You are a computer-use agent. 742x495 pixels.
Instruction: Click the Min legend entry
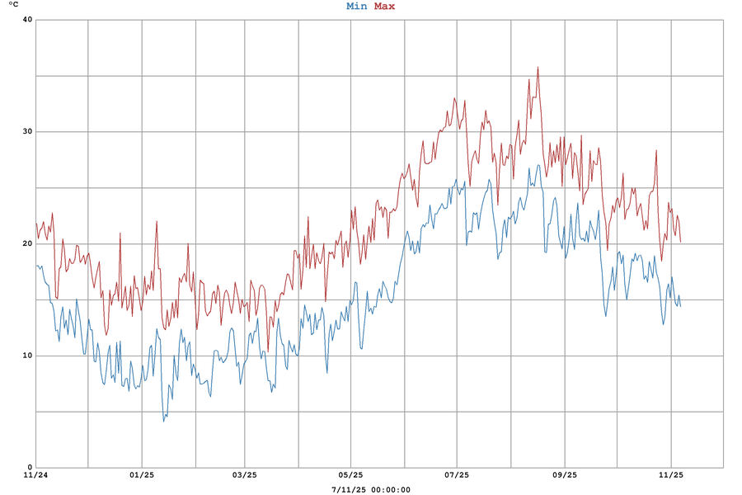click(x=356, y=7)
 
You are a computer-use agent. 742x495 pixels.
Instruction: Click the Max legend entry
click(x=384, y=7)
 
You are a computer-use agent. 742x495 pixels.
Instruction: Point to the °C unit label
click(x=12, y=6)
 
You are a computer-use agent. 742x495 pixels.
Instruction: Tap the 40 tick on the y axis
click(x=26, y=20)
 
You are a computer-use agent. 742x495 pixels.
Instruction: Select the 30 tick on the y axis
click(x=26, y=132)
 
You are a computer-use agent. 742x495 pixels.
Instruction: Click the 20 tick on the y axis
click(x=26, y=244)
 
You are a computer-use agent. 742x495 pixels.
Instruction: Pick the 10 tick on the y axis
click(x=26, y=356)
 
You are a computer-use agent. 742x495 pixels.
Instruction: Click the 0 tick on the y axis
click(x=29, y=468)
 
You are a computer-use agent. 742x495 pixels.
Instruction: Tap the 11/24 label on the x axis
click(x=35, y=475)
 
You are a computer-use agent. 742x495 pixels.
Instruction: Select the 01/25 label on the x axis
click(x=142, y=475)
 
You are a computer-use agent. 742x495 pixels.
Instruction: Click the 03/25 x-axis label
click(x=245, y=475)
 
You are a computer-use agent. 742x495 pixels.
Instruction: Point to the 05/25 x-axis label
click(x=350, y=475)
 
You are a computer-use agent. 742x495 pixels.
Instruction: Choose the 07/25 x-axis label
click(x=457, y=475)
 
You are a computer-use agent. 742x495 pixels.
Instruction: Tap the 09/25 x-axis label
click(x=565, y=475)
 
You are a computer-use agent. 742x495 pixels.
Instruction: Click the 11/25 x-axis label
click(x=671, y=475)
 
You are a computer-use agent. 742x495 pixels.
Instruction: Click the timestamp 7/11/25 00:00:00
click(x=370, y=489)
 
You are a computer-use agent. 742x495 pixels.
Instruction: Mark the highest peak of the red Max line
click(x=538, y=68)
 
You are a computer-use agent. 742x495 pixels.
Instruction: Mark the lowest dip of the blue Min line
click(x=164, y=421)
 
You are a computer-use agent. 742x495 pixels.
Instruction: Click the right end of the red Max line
click(x=680, y=242)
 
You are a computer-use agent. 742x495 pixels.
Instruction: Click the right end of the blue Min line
click(x=680, y=306)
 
